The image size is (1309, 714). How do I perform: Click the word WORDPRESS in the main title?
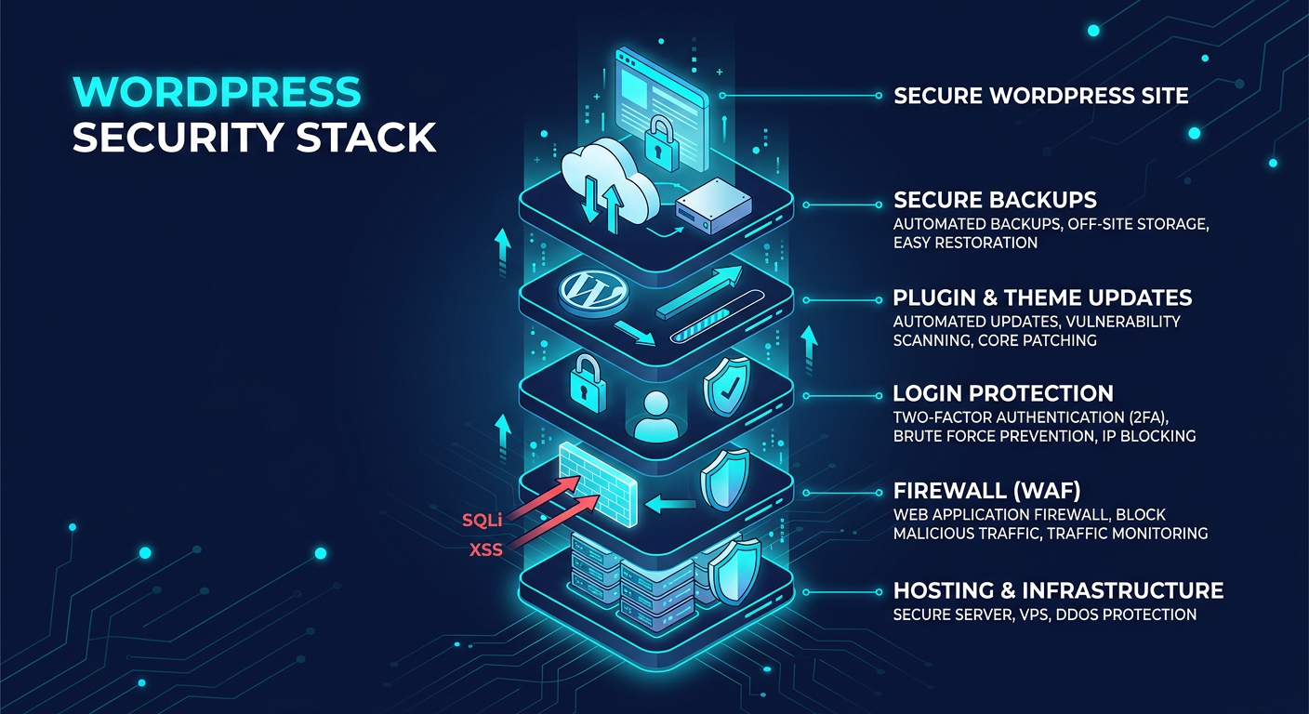point(216,93)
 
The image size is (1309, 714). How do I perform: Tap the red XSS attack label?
point(485,549)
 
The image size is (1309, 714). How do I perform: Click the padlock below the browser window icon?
point(660,140)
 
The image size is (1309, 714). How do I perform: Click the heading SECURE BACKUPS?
point(995,200)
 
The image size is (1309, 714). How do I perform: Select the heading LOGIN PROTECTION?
point(1003,393)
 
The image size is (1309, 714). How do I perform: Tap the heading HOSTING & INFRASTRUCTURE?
point(1058,590)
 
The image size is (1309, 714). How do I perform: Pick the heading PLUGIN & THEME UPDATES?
point(1042,297)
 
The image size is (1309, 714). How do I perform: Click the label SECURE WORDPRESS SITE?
point(1040,95)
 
